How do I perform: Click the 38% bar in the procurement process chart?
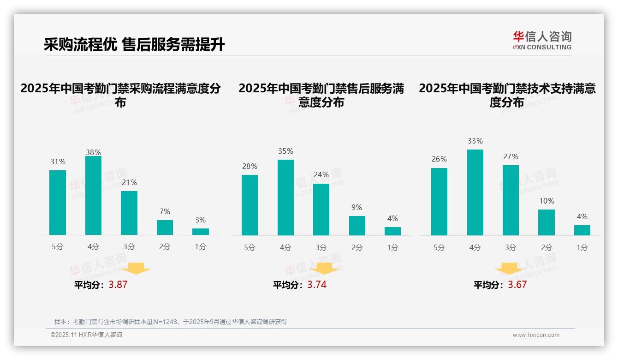pos(93,196)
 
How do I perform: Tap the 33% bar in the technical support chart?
pos(475,192)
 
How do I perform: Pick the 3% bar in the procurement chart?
pos(201,232)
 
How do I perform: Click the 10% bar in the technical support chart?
pos(547,222)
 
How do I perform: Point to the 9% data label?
pos(357,208)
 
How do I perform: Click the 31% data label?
pos(58,162)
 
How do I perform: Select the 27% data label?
pos(511,157)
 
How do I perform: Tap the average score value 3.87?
pos(118,285)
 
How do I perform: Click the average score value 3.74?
pos(317,285)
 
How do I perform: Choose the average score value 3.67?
pos(517,285)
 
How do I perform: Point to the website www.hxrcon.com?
pos(536,335)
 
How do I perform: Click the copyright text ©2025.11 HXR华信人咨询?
pos(86,335)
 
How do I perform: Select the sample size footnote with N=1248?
pos(171,322)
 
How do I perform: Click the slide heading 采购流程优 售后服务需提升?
pos(134,45)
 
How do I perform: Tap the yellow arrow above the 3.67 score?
pos(509,268)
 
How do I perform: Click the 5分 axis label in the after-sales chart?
pos(250,248)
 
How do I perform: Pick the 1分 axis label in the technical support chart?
pos(582,248)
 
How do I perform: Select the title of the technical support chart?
pos(507,95)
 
